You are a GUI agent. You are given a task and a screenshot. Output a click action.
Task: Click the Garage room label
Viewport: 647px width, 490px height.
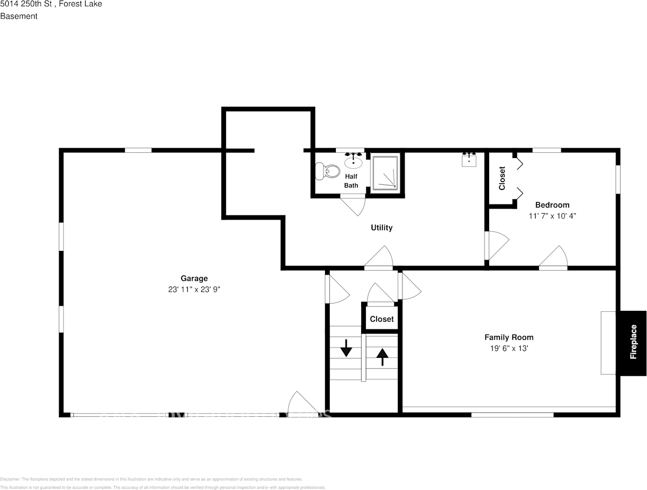(x=194, y=278)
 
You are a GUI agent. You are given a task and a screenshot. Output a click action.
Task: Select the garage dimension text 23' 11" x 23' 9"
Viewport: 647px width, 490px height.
(x=194, y=290)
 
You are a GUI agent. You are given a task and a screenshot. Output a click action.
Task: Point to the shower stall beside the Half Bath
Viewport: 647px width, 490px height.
(x=385, y=172)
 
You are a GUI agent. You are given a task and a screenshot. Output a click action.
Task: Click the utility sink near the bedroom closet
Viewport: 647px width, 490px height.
(x=468, y=160)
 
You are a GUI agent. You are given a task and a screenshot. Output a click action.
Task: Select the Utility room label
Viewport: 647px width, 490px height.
(x=382, y=228)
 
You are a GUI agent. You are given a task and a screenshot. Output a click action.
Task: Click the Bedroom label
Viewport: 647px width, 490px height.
(x=552, y=205)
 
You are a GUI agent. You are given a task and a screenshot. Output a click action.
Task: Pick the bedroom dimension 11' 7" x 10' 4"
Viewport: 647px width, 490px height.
(x=552, y=216)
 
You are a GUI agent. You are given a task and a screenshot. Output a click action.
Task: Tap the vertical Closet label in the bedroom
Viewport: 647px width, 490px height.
(x=502, y=178)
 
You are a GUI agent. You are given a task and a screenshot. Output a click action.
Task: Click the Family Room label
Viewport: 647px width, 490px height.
(x=509, y=337)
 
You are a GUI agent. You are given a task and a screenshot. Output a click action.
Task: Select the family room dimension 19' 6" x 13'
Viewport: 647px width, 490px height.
(x=509, y=349)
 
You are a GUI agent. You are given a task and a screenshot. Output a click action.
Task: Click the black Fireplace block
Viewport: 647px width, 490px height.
(x=633, y=343)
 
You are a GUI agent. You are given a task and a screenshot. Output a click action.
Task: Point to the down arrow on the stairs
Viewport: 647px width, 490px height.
(x=346, y=348)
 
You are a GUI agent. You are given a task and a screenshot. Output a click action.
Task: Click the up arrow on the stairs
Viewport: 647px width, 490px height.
(x=382, y=356)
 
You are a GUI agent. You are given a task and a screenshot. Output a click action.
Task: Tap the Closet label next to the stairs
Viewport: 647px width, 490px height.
(x=382, y=319)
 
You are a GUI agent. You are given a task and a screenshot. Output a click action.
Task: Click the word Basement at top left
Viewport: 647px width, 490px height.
(x=19, y=16)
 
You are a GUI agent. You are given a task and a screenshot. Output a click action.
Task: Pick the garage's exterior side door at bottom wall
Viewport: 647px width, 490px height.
(x=302, y=405)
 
